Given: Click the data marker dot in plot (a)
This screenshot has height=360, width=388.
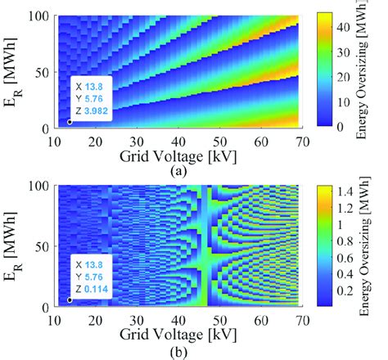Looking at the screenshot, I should tap(70, 122).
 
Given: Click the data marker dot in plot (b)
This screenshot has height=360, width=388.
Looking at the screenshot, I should tap(70, 299).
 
